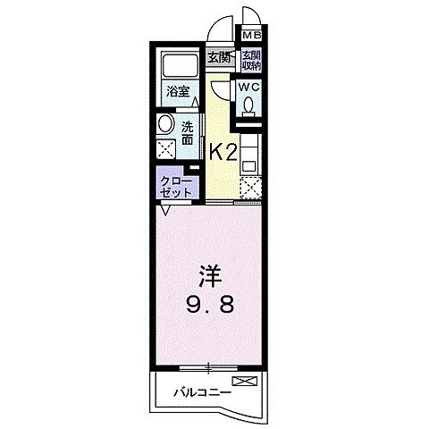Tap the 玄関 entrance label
[218, 58]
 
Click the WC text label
[248, 87]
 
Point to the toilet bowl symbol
[248, 106]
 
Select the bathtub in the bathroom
[178, 64]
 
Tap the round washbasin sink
[164, 124]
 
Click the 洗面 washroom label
[189, 132]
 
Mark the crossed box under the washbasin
[165, 149]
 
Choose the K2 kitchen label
[223, 151]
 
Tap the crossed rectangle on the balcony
[249, 382]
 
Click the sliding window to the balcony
[207, 367]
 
